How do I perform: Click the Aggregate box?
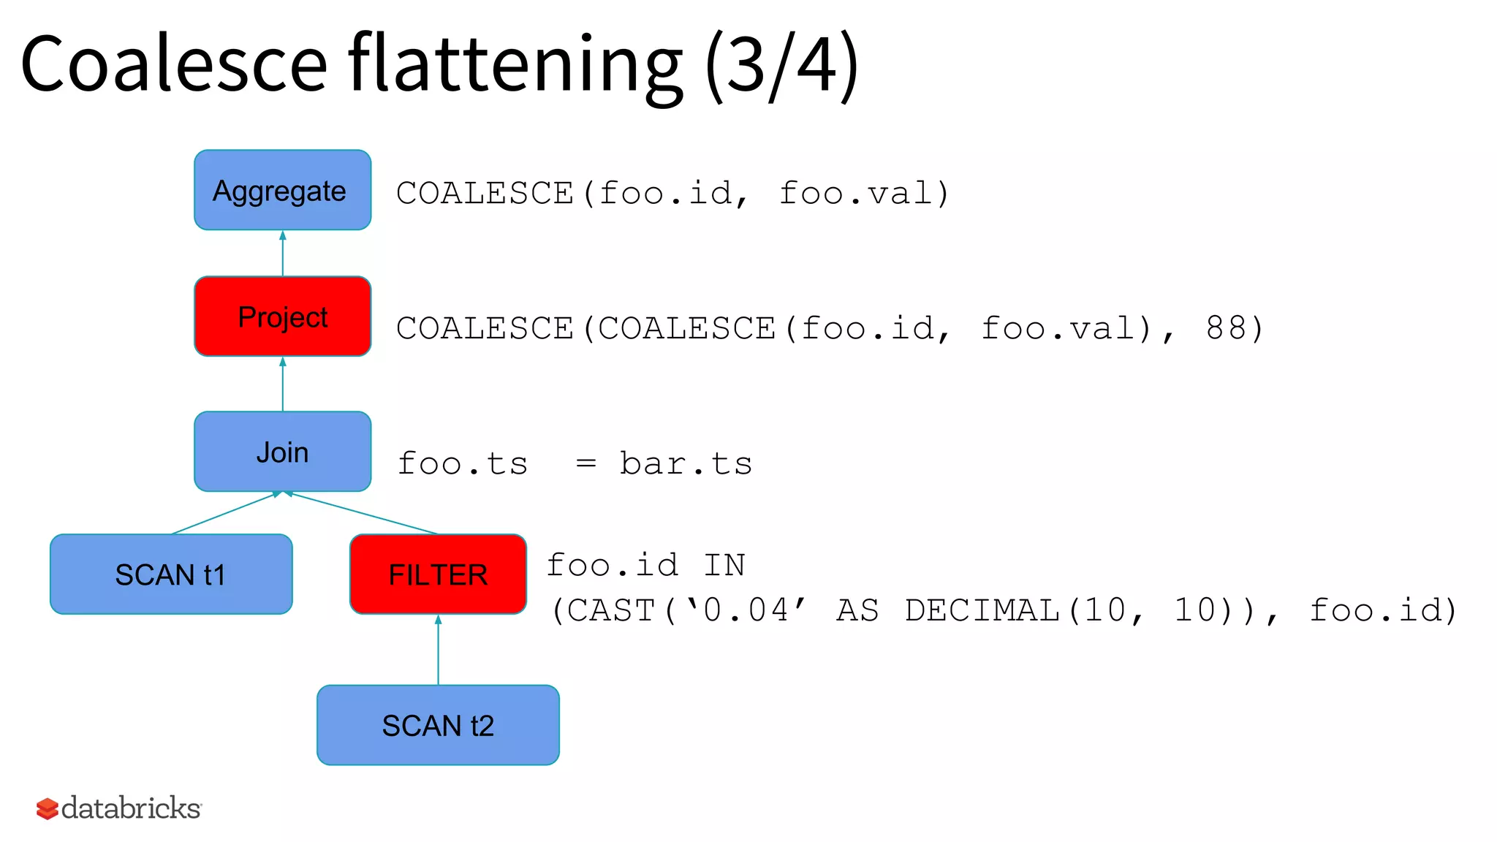click(282, 190)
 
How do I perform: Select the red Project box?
click(282, 316)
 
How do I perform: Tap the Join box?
click(282, 452)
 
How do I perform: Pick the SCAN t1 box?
click(171, 574)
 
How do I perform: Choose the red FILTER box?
click(438, 574)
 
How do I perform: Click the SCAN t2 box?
click(438, 725)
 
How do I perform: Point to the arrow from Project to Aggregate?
click(283, 253)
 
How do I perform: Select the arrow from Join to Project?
click(283, 384)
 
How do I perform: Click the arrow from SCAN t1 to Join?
click(225, 513)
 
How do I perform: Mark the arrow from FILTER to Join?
click(363, 513)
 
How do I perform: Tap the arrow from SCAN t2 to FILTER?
click(438, 650)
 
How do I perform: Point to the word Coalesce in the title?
click(174, 64)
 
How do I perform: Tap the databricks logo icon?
click(48, 809)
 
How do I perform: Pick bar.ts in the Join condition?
click(686, 463)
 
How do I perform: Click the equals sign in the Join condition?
click(585, 463)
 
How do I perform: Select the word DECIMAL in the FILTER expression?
click(982, 610)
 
